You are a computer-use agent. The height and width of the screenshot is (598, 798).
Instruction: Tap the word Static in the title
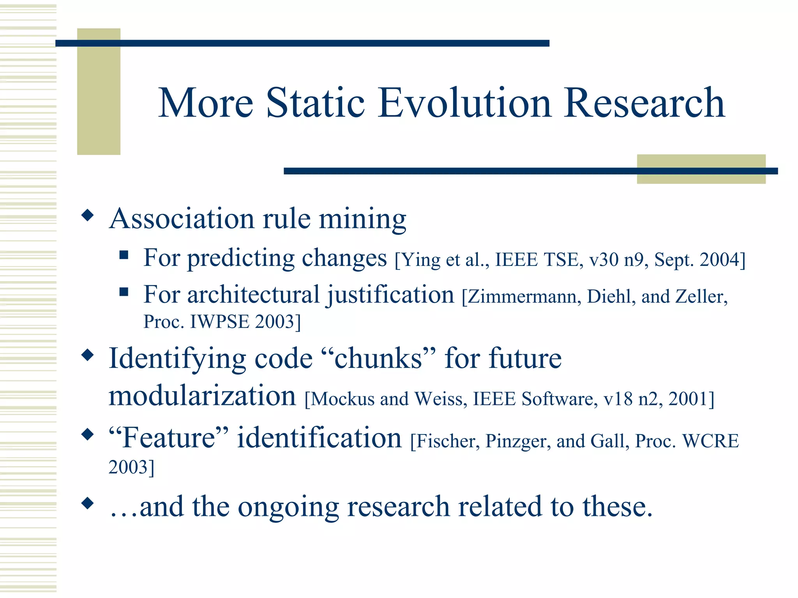click(315, 103)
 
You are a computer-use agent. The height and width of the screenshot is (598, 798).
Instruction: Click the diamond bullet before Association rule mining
click(88, 215)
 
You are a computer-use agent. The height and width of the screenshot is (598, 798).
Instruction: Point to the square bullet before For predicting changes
click(124, 255)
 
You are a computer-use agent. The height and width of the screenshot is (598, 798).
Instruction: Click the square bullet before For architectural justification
click(124, 292)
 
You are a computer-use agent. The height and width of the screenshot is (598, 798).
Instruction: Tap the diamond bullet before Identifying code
click(88, 355)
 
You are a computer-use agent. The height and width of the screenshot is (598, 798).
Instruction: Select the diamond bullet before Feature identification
click(88, 434)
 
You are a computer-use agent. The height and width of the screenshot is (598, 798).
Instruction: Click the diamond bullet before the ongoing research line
click(88, 503)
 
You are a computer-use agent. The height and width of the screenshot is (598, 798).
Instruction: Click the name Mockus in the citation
click(343, 399)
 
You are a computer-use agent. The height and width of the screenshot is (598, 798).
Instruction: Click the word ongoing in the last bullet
click(288, 507)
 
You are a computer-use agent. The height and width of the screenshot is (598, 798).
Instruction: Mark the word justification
click(391, 295)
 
